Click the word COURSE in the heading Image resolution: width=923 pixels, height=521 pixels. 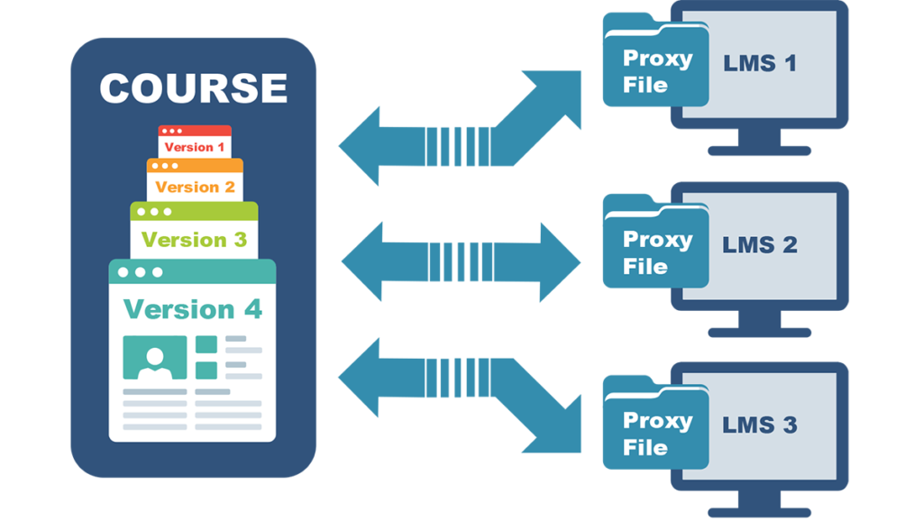193,88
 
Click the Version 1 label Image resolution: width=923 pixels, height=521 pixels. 195,147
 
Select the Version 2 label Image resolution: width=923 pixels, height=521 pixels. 195,187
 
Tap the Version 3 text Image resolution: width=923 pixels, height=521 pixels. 194,240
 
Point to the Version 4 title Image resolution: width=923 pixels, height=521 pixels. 192,309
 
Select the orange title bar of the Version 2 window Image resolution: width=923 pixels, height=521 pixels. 195,166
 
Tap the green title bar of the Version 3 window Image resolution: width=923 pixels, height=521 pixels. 194,211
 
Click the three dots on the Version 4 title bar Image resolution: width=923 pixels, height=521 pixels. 139,271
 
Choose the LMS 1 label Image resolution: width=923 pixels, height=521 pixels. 760,64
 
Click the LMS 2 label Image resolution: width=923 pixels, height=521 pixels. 760,245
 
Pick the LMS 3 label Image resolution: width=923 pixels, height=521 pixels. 760,425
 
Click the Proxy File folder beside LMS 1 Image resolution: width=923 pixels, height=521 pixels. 655,70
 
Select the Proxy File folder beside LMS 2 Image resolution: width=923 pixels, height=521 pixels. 655,251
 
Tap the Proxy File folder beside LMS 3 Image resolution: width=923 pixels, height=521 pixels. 655,433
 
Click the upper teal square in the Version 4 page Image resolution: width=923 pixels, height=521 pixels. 206,343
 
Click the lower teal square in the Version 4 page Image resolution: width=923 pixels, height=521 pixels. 206,370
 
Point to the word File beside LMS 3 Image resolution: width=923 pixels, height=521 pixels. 645,447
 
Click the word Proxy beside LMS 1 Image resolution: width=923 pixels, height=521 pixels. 658,59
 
